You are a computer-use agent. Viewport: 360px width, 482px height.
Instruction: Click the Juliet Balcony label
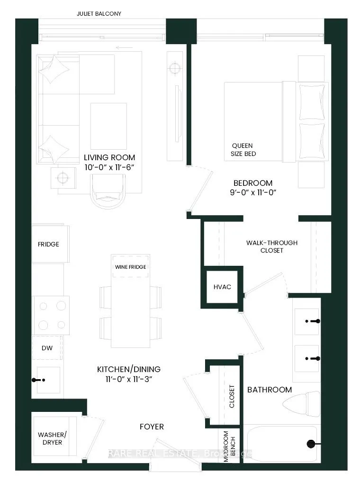coord(99,14)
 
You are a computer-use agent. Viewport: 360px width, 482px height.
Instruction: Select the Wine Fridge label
coord(130,267)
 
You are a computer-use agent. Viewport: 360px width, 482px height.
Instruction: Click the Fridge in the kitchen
coord(49,244)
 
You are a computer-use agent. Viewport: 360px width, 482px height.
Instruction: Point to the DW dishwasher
coord(46,348)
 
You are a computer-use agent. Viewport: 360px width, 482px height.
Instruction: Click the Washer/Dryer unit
coord(50,438)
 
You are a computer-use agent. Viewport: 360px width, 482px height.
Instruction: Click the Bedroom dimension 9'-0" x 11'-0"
coord(252,192)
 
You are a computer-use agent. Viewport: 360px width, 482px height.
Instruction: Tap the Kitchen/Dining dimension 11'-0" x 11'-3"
coord(128,378)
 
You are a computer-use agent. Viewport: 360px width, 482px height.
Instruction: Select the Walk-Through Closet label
coord(271,246)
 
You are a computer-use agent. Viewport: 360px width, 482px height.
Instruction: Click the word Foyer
coord(152,427)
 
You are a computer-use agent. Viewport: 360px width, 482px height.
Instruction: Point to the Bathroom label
coord(270,390)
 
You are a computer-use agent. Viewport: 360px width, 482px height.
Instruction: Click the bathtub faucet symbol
coord(311,444)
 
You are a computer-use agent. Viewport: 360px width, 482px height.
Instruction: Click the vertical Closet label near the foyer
coord(232,396)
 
